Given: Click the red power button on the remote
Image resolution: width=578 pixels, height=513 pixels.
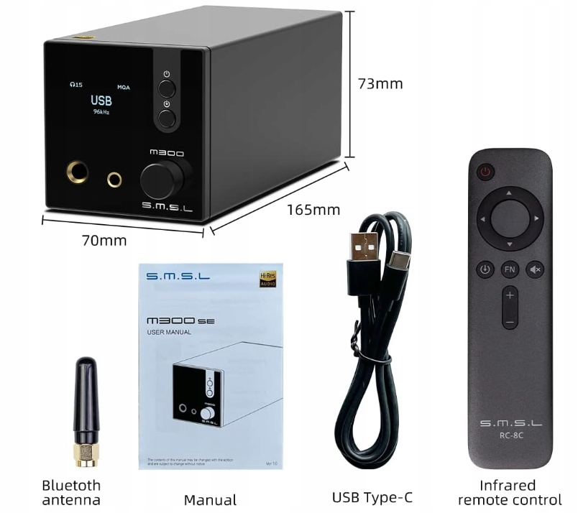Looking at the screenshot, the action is [487, 172].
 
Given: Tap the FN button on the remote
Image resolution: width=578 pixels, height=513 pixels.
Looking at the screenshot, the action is [510, 269].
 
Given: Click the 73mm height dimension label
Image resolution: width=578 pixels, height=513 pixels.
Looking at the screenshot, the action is [380, 83].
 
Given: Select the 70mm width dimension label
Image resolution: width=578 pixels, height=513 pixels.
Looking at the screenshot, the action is [104, 240].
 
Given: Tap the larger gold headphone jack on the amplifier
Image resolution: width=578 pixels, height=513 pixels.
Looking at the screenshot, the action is [78, 174].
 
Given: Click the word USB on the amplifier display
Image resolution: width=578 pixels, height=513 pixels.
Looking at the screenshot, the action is [101, 101].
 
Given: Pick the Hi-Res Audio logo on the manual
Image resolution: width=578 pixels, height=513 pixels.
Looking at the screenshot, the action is [267, 279].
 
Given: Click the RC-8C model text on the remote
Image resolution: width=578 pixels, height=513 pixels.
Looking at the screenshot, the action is [510, 433].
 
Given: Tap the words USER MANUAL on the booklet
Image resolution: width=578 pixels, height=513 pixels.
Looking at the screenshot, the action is [169, 332].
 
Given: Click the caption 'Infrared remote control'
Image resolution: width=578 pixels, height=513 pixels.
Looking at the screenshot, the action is [509, 492].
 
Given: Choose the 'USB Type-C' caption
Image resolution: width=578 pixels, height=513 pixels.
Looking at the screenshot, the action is [372, 497].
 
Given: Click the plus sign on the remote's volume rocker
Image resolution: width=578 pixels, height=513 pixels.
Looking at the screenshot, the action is [510, 295].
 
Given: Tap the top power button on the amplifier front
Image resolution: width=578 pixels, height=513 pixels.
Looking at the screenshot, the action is [167, 88].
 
